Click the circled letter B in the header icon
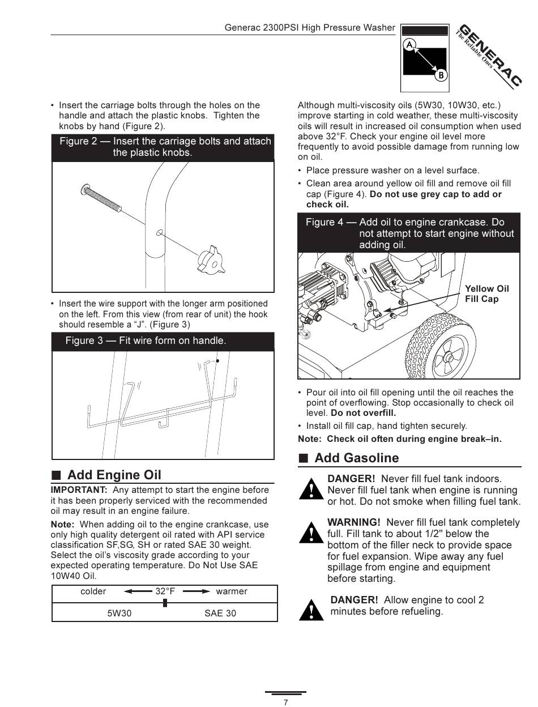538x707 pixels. coord(441,75)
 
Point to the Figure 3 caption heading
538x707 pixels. coord(146,340)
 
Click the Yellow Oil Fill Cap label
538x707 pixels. coord(486,293)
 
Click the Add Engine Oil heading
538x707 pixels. coord(114,475)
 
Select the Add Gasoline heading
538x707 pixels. coord(356,458)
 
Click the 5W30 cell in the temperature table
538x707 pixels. coord(119,613)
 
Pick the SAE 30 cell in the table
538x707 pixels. coord(220,613)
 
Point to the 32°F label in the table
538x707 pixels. coord(165,591)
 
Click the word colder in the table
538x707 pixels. coord(93,591)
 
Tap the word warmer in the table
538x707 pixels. coord(232,591)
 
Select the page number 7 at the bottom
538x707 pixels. coord(285,702)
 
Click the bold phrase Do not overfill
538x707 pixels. coord(363,413)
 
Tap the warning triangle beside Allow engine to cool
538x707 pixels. coord(311,610)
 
